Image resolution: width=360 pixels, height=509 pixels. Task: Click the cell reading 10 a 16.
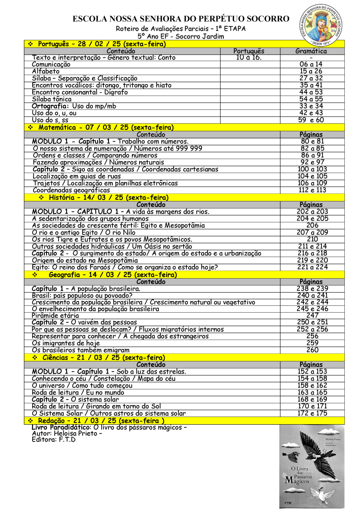coord(249,58)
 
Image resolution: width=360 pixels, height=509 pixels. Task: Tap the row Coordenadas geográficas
coord(71,190)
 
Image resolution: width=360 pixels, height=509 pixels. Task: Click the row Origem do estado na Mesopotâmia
coord(85,260)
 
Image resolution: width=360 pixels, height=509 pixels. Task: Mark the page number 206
coord(312,225)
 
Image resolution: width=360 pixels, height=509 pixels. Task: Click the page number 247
coord(312,316)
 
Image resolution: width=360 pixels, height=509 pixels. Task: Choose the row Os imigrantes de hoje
coord(66,343)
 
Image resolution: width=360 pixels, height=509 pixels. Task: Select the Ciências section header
coord(104,358)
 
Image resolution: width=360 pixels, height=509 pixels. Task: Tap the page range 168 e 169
coord(312,399)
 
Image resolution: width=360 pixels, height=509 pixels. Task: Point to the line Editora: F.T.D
coord(54,439)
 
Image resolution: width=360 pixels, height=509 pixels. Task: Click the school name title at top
coord(181,19)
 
